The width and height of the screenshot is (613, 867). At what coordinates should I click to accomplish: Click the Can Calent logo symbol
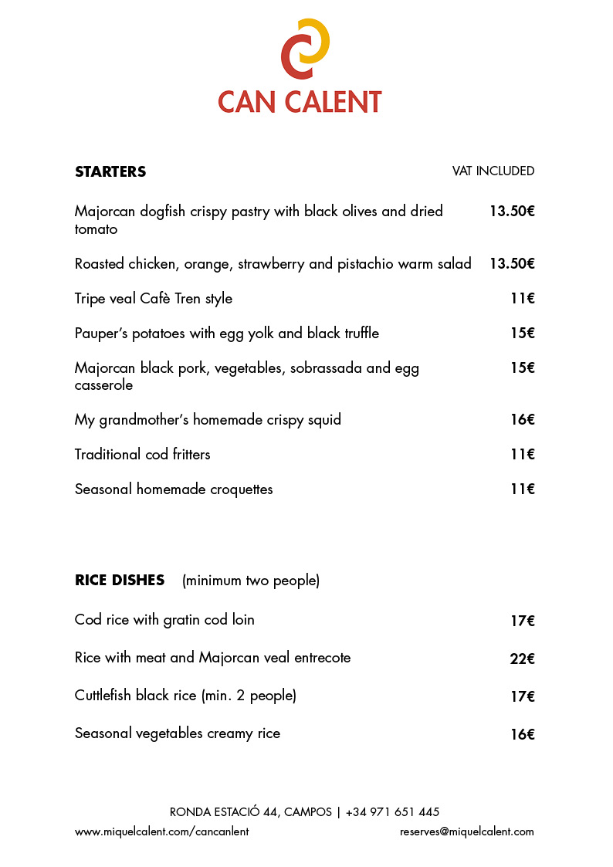click(305, 48)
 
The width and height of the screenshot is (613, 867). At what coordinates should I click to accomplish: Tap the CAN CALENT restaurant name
click(300, 102)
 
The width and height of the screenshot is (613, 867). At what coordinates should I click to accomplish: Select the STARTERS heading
click(110, 171)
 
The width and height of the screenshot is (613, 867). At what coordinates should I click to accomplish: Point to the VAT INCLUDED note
click(493, 171)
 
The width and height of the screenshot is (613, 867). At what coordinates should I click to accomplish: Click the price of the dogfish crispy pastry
click(512, 211)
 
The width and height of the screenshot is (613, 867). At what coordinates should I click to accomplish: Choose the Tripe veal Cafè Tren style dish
click(154, 299)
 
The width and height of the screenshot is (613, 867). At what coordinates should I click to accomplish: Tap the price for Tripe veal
click(523, 299)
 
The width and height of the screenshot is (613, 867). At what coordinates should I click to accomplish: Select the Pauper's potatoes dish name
click(227, 334)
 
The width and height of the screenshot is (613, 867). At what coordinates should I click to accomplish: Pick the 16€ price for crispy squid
click(523, 420)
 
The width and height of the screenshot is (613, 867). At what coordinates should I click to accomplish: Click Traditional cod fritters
click(143, 455)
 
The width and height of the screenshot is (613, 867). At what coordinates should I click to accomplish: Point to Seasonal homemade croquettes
click(174, 489)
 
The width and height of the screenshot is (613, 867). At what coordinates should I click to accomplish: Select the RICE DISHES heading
click(120, 580)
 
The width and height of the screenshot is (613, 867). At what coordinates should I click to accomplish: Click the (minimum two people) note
click(251, 581)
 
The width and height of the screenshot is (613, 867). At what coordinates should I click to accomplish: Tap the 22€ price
click(523, 659)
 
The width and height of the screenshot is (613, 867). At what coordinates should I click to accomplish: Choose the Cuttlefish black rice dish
click(185, 696)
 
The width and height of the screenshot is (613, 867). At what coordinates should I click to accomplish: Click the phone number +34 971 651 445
click(392, 812)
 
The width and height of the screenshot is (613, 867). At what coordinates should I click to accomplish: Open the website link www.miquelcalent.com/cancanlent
click(162, 832)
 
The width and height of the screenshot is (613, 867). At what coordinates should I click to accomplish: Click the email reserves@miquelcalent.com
click(467, 832)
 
